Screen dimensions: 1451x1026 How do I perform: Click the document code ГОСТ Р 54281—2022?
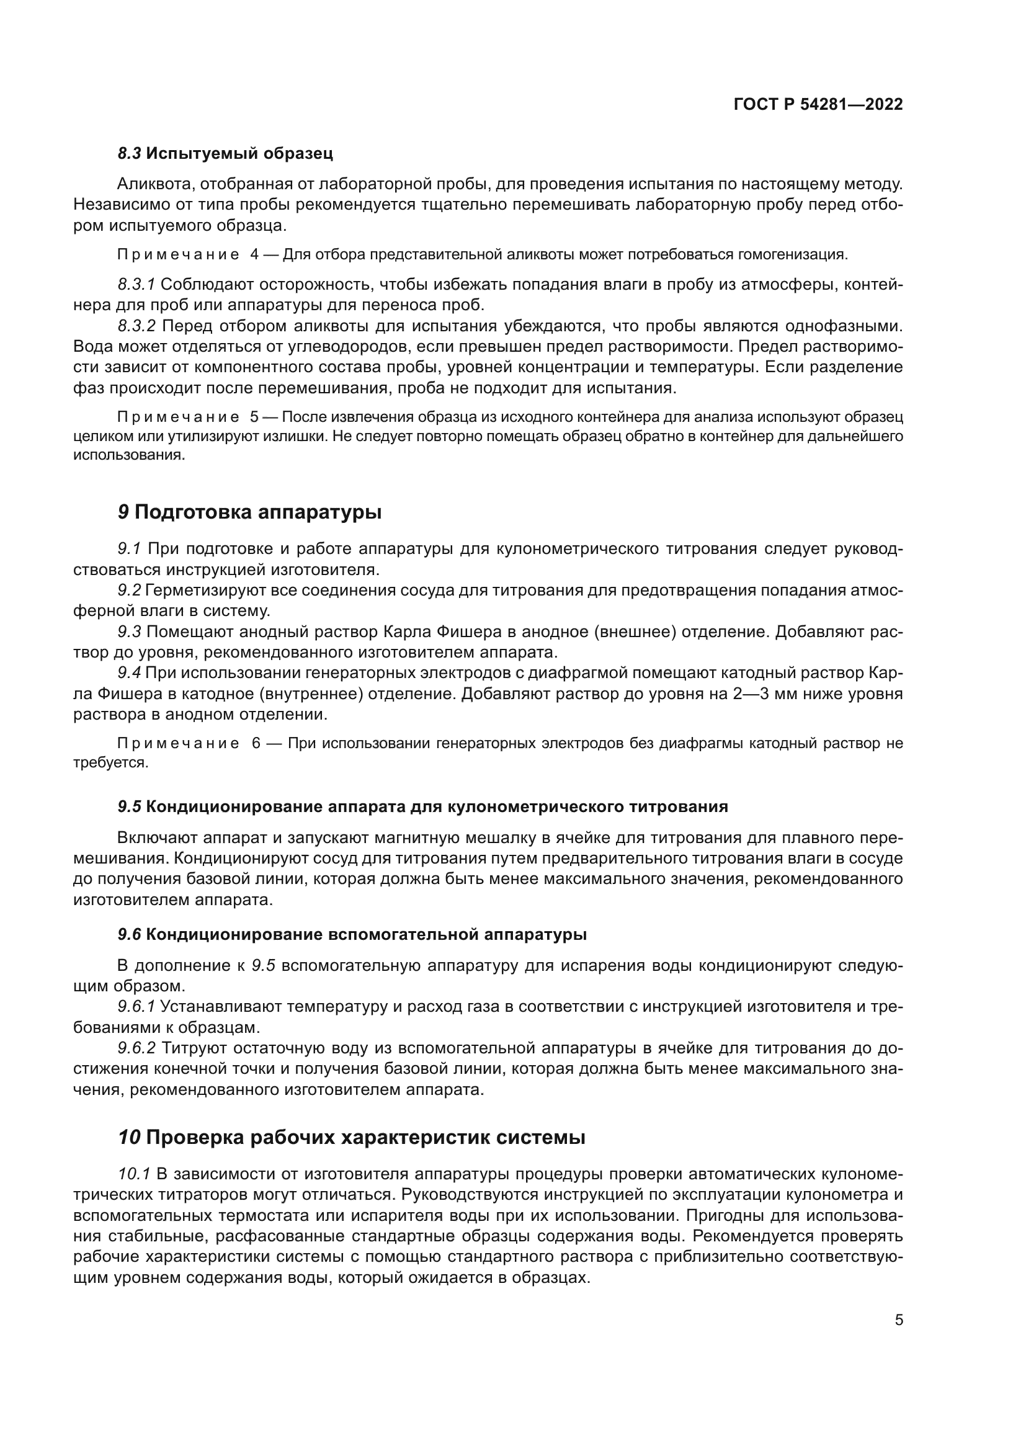click(818, 105)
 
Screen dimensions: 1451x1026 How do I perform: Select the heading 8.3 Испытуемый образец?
click(225, 153)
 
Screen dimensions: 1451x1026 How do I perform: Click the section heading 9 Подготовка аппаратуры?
click(249, 512)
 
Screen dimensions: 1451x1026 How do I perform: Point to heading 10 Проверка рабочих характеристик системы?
click(351, 1138)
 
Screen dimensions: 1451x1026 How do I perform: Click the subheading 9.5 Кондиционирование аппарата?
click(422, 806)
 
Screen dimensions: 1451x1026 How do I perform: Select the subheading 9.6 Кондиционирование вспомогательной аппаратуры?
click(352, 934)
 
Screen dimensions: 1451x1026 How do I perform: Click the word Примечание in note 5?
click(178, 417)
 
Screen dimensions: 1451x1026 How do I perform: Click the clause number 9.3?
click(130, 632)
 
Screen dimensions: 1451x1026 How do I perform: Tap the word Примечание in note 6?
click(178, 743)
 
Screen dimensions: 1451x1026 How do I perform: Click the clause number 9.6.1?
click(136, 1006)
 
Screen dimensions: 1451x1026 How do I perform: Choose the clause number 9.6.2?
click(136, 1048)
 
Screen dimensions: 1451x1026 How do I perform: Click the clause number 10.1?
click(134, 1174)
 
